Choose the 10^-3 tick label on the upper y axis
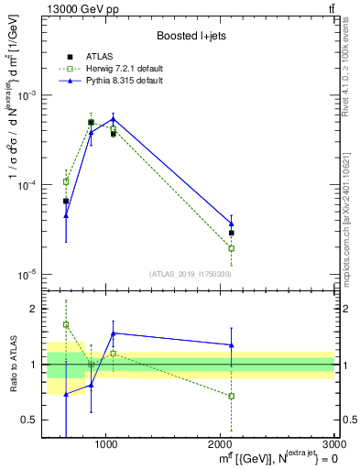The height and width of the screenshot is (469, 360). tap(32, 95)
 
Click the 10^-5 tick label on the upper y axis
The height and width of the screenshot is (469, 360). tap(32, 274)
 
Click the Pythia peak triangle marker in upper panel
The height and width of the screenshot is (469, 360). tap(113, 119)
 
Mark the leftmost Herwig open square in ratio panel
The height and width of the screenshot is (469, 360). tap(66, 324)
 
